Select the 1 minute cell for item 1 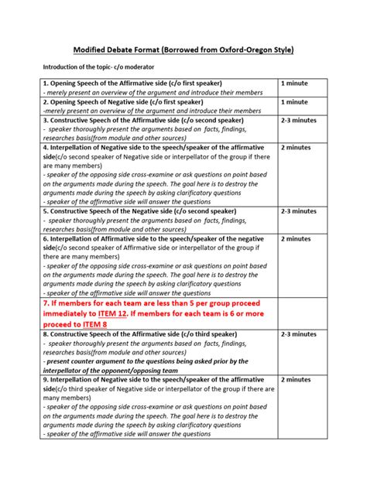294,82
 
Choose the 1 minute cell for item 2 294,101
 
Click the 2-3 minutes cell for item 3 299,121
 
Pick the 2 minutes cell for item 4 296,146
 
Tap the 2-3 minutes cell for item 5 299,210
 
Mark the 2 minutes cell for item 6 296,239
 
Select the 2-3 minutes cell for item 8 299,333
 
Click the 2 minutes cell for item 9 296,380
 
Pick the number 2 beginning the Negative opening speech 46,101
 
